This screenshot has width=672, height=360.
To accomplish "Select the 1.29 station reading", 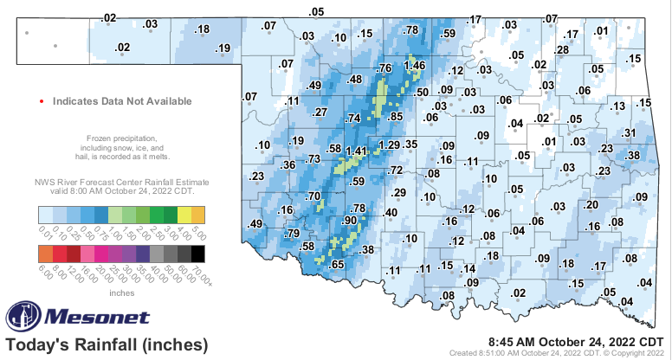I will pos(390,144).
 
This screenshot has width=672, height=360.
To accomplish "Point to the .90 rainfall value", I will pos(350,222).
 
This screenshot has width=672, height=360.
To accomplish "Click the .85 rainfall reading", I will pos(397,117).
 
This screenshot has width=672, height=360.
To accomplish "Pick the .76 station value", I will pos(385,68).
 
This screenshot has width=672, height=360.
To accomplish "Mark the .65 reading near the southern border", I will pos(338,264).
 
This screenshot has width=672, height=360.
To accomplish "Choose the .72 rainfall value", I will pos(395,170).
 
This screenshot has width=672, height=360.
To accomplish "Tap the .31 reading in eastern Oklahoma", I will pos(630,132).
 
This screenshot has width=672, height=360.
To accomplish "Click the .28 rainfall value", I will pos(562,50).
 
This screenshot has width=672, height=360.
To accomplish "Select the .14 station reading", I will pos(468,268).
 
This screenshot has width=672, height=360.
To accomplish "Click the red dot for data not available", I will pos(41,101).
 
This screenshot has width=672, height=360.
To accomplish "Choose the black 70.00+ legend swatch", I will pos(198,253).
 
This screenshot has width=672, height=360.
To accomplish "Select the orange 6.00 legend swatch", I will pos(46,253).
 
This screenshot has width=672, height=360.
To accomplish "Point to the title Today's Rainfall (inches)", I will pos(107,344).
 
